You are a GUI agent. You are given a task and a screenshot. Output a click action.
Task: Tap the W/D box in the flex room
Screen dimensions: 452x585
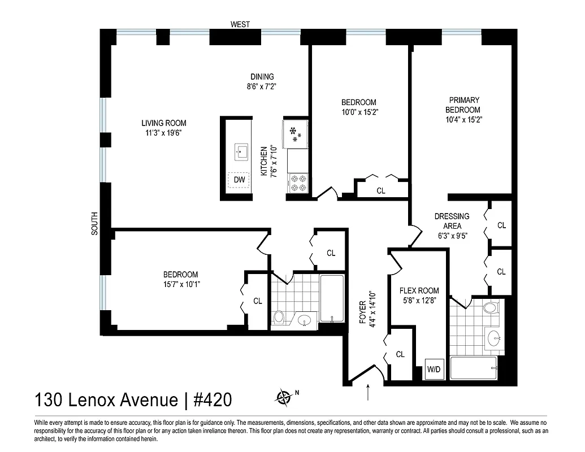tap(434, 370)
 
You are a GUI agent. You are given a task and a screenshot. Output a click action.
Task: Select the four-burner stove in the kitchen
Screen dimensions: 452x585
tap(298, 183)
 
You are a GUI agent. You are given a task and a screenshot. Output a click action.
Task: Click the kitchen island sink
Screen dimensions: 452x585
tap(242, 151)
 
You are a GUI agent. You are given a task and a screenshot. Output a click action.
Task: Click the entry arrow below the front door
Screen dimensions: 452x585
tap(369, 392)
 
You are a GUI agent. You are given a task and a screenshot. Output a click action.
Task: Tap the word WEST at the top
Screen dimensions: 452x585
tap(240, 24)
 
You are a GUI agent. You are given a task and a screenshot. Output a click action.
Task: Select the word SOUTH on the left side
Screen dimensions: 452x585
tap(94, 223)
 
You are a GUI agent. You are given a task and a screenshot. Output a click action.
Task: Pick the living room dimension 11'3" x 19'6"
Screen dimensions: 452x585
tap(164, 133)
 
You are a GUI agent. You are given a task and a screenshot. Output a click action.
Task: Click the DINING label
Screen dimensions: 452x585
tap(262, 77)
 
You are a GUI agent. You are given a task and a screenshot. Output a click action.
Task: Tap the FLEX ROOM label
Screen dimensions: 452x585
tap(419, 291)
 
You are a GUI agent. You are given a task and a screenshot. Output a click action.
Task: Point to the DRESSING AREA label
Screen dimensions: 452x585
tap(452, 221)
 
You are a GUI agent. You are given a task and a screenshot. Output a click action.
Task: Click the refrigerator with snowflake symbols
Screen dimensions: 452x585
tap(296, 133)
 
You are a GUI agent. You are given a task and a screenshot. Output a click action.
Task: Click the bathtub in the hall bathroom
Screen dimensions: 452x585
tap(332, 298)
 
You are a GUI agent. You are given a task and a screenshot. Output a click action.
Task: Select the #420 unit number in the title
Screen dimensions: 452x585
tap(213, 400)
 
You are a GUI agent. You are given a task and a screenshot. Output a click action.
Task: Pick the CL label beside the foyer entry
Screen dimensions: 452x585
tap(400, 354)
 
